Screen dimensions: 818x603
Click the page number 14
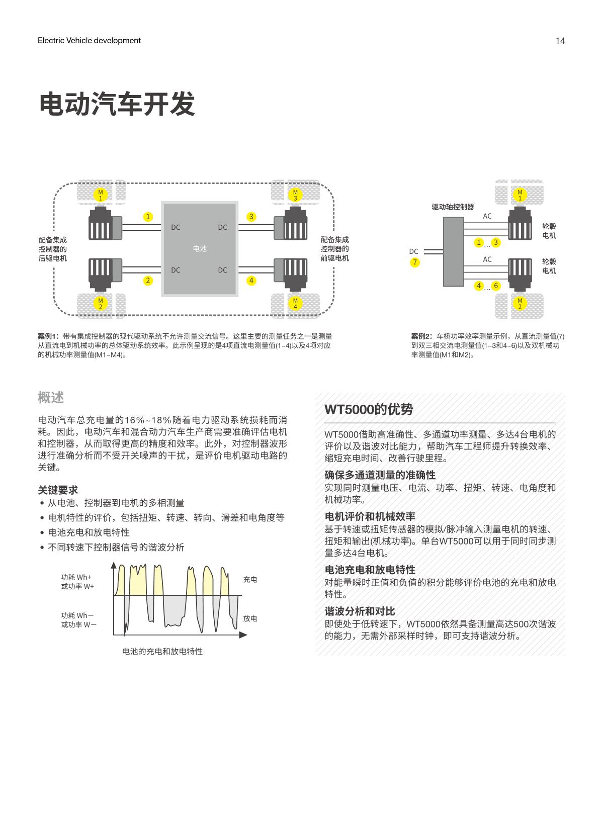560,41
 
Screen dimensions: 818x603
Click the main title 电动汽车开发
117,104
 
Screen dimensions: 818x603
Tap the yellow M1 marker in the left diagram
100,195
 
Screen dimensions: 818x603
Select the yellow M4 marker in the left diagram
295,304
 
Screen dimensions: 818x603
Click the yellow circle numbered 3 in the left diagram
251,217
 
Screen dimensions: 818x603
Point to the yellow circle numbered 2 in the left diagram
148,281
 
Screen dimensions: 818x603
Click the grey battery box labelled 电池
200,249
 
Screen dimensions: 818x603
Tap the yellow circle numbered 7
414,262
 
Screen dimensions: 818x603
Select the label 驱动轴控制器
453,207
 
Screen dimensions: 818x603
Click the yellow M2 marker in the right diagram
520,303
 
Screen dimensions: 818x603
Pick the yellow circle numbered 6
496,286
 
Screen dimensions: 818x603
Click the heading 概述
51,398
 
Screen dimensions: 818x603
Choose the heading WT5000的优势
369,409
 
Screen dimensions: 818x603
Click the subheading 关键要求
58,490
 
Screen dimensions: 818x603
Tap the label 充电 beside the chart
250,579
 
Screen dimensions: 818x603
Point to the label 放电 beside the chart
250,618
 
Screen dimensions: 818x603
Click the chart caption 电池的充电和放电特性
162,651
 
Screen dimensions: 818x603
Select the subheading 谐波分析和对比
360,611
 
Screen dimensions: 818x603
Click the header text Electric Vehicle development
89,41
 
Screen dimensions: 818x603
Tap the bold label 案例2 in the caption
421,336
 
